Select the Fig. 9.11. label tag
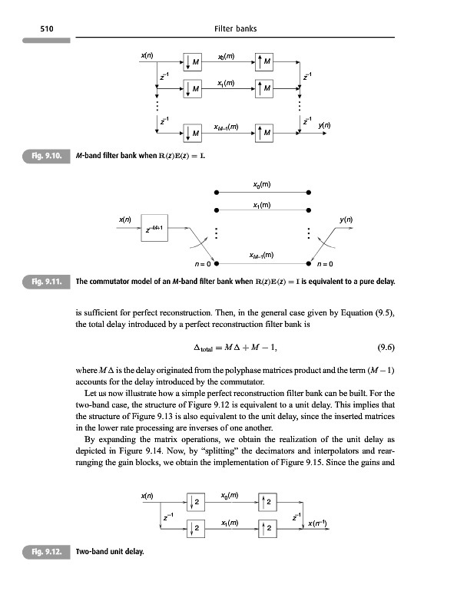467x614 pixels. click(x=48, y=281)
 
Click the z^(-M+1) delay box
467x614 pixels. click(x=156, y=227)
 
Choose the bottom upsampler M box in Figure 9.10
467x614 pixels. click(x=263, y=135)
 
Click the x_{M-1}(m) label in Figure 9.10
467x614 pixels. click(x=228, y=126)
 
